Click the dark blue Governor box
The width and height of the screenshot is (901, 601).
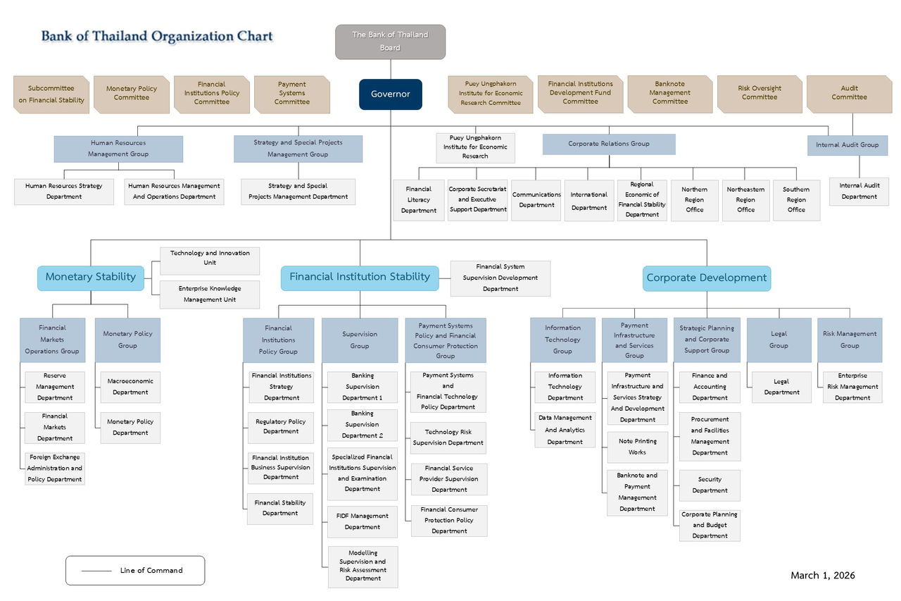pos(390,94)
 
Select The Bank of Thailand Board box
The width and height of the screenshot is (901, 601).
pos(390,42)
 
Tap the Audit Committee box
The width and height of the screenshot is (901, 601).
pos(849,94)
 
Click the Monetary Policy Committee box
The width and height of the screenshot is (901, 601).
pos(132,94)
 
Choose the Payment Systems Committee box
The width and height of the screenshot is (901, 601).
pos(291,94)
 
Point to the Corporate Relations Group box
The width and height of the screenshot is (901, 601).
pos(608,144)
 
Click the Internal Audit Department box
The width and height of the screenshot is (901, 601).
pos(859,191)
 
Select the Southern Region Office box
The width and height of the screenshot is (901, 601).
pos(796,200)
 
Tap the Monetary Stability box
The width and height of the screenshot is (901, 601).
pos(90,277)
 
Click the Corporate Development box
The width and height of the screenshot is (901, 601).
pos(706,278)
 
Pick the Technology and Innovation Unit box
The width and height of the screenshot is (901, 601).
pos(209,259)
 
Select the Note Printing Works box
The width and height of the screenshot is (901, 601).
pos(637,447)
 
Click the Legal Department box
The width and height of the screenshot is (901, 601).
pos(781,388)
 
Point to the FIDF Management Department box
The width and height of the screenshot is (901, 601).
pos(362,521)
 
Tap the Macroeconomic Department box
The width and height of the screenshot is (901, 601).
pos(130,387)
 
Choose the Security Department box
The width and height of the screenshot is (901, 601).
pos(709,485)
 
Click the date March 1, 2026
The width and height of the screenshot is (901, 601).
pos(822,576)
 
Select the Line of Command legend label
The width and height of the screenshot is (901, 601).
pos(151,571)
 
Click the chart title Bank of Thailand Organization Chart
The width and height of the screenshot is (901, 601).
pos(156,36)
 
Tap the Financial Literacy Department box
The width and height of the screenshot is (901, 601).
pos(418,200)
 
